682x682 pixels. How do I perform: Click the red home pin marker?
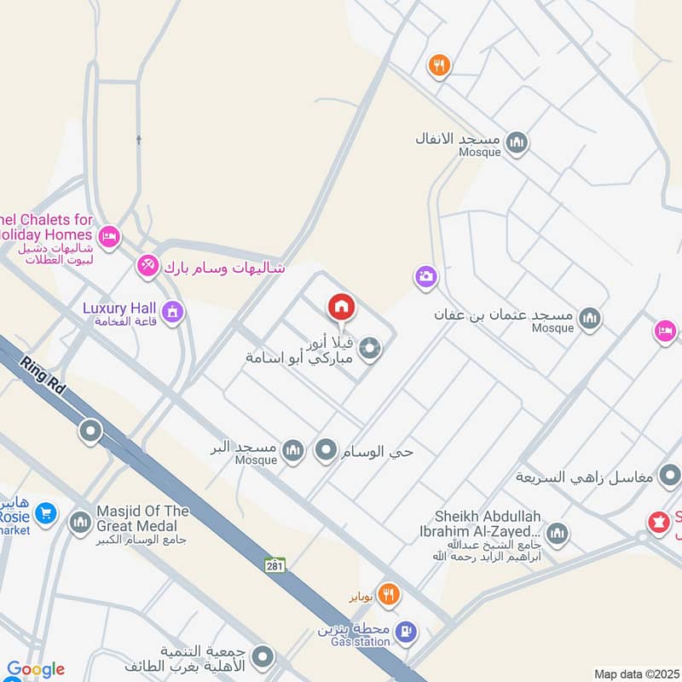342,306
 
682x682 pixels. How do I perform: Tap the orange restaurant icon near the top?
439,65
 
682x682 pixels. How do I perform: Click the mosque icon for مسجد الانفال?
517,142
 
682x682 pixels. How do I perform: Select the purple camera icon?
425,276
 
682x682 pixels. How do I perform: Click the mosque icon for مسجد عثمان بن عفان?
589,320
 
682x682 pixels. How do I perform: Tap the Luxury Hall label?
118,308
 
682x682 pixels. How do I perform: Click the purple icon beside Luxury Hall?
172,312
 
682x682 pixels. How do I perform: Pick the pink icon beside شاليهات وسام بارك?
148,267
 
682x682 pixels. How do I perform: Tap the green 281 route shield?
274,564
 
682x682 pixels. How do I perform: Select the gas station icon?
407,632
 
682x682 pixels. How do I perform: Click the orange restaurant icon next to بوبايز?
389,594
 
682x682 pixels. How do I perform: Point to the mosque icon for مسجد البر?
292,451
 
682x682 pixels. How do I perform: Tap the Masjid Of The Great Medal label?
142,517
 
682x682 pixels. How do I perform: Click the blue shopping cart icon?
46,513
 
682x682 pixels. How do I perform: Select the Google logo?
35,670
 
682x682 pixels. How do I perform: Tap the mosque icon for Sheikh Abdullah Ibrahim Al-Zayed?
557,535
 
